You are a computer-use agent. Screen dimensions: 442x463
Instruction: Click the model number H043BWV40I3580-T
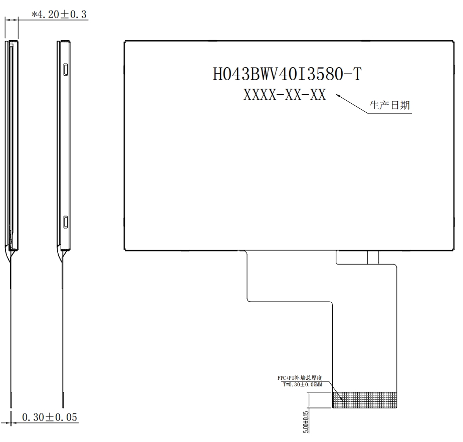287,74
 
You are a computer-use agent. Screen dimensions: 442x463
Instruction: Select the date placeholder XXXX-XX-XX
285,95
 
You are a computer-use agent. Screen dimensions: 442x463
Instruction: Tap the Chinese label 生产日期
389,105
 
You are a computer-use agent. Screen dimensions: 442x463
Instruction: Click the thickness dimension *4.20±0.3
59,15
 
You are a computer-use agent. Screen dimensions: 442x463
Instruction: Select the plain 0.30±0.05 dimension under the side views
50,417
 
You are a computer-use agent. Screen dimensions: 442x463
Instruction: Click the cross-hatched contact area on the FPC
365,399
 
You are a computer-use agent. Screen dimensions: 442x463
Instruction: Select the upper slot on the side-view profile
66,68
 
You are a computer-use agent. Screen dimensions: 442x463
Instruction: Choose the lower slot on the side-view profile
66,222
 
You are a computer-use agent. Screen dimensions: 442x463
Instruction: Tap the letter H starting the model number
218,74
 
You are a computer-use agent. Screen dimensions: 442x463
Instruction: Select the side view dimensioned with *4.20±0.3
13,145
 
